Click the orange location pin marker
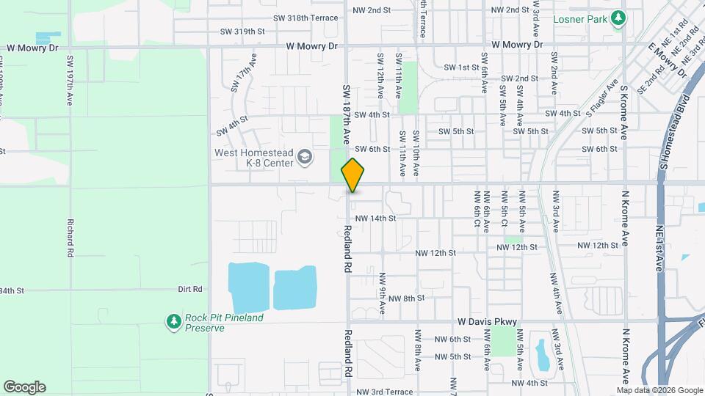(352, 175)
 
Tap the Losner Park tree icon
(619, 17)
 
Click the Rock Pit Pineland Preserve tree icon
(173, 322)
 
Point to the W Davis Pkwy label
(488, 321)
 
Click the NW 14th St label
(375, 218)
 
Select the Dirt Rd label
(189, 290)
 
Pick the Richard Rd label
(70, 237)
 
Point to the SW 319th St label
(242, 32)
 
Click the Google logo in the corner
(24, 387)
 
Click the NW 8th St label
(407, 298)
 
